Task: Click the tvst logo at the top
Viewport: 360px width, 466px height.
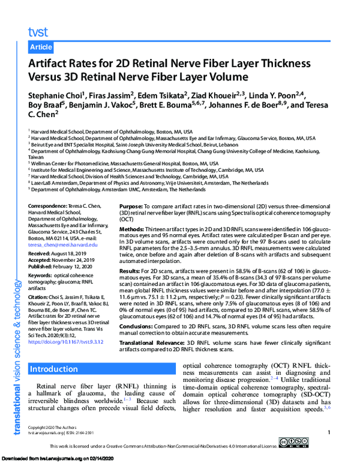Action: coord(37,31)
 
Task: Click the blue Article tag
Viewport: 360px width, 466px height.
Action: coord(40,47)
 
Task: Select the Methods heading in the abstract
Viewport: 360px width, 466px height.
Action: coord(138,228)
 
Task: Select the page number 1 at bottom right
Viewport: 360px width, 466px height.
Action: coord(329,433)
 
